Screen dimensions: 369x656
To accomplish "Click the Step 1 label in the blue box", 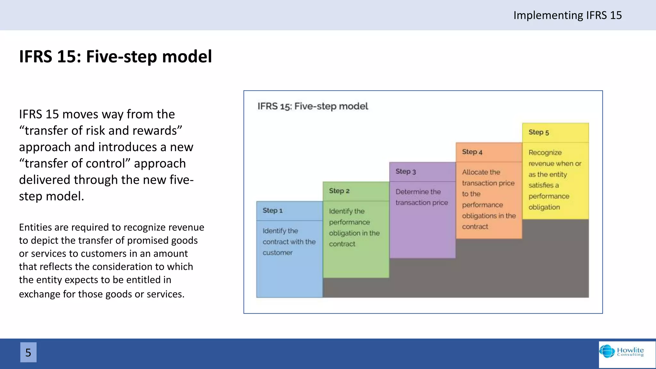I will coord(273,210).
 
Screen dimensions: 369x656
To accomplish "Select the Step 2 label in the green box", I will coord(339,191).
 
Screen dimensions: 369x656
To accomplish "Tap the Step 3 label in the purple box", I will coord(406,171).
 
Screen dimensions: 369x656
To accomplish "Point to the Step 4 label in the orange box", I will coord(472,152).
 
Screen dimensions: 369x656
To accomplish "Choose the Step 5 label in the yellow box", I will coord(539,132).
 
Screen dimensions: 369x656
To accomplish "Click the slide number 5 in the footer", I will coord(28,352).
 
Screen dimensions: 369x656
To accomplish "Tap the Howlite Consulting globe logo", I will coord(607,351).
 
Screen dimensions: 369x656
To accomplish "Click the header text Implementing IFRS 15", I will coord(567,15).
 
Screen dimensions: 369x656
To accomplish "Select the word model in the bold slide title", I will coord(187,56).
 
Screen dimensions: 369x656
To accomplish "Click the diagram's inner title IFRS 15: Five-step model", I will coord(313,106).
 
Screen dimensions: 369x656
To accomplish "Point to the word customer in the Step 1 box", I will coord(278,253).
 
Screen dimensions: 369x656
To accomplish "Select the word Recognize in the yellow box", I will coord(545,152).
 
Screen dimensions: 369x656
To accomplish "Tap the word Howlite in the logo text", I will coord(630,350).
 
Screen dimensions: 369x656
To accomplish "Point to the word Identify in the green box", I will coord(341,211).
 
